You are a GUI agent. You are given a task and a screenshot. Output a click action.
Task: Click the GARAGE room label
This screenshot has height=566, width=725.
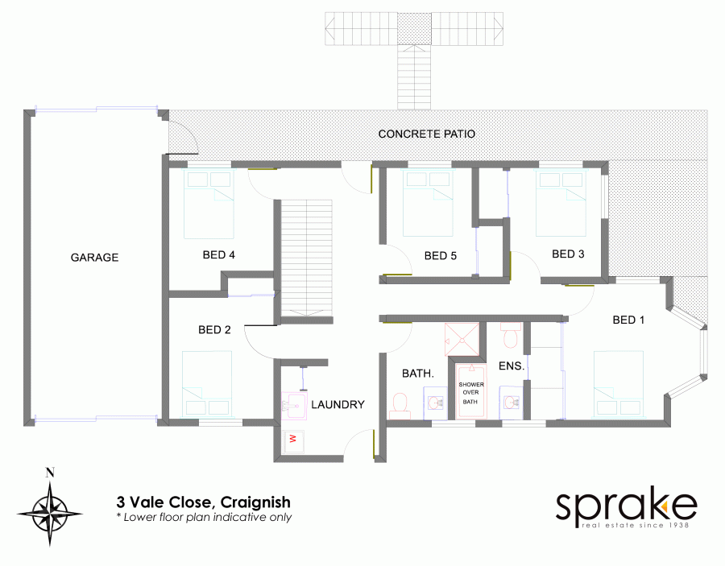[x=94, y=258]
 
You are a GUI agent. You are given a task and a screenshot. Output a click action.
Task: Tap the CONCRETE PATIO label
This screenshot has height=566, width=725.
[x=427, y=134]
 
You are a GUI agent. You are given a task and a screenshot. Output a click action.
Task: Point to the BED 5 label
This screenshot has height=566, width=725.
[x=441, y=256]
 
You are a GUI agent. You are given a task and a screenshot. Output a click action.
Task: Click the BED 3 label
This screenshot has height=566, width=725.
[x=568, y=254]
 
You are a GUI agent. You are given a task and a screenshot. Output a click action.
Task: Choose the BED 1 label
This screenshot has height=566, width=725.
[x=629, y=320]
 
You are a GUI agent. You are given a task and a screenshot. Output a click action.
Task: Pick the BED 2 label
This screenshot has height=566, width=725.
[x=214, y=329]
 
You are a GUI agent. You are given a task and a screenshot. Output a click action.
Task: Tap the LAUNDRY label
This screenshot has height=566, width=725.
[x=338, y=404]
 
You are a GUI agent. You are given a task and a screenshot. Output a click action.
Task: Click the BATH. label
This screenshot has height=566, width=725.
[x=418, y=374]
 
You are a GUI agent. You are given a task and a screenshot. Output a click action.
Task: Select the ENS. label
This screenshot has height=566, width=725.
[x=512, y=366]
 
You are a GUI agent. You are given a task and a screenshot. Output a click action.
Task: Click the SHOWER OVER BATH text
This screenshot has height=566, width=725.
[x=471, y=393]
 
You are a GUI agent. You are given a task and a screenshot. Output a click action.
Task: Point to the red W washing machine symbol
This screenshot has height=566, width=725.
[x=292, y=439]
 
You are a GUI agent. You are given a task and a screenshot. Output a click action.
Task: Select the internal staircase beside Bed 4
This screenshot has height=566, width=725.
[x=305, y=259]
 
